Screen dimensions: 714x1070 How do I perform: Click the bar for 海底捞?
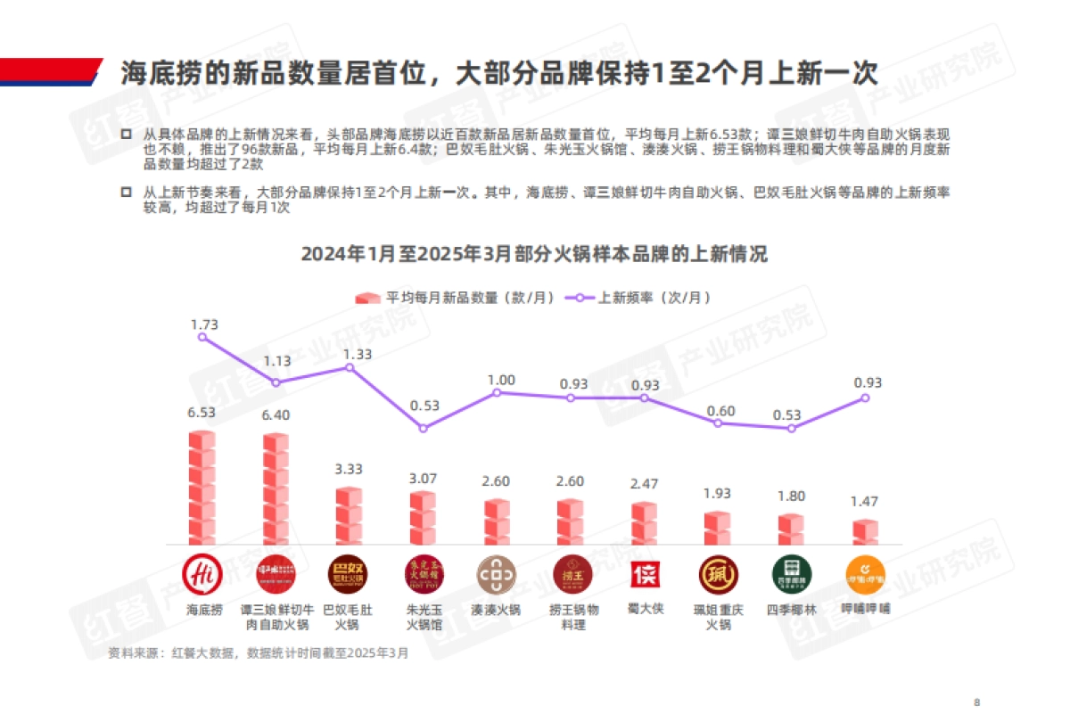(202, 488)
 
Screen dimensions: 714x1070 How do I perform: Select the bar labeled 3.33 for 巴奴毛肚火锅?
(349, 516)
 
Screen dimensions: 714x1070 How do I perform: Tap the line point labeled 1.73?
(203, 337)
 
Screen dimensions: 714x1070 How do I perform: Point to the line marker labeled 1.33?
(350, 366)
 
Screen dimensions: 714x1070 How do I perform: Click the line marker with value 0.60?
(718, 423)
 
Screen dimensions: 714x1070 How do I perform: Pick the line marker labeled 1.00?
(497, 392)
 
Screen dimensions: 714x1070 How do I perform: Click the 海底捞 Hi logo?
(203, 574)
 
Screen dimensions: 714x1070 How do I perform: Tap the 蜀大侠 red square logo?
(645, 574)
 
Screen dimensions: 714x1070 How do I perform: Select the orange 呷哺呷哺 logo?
(865, 574)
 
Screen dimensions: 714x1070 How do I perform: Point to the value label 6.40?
(276, 414)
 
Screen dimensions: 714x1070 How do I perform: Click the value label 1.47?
(865, 502)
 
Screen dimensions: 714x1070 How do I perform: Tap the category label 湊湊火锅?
(497, 611)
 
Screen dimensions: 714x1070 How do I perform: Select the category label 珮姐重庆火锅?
(718, 618)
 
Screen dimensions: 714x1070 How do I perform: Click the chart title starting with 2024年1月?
(534, 254)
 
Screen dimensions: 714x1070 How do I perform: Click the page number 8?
(977, 700)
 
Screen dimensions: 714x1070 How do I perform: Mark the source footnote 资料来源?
(259, 652)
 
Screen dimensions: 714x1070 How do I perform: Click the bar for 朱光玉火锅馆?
(423, 518)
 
